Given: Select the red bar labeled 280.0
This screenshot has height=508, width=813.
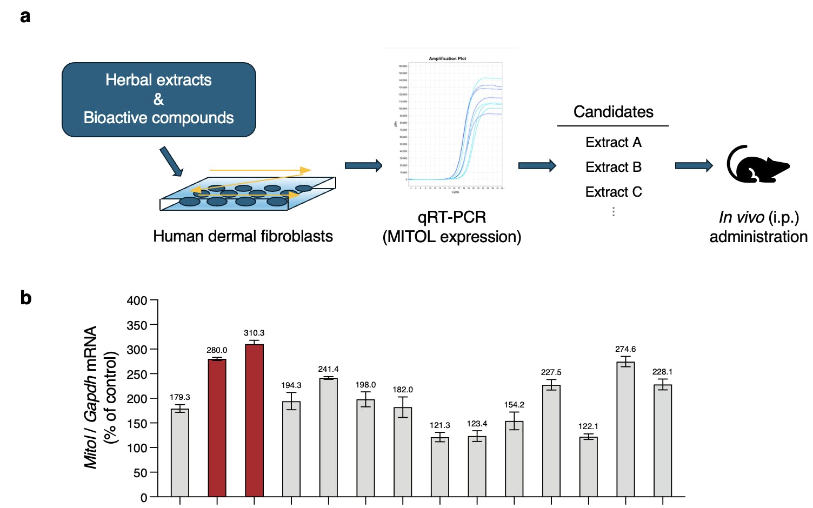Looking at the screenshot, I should pos(217,427).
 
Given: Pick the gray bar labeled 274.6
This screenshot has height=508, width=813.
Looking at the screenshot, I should pos(625,429).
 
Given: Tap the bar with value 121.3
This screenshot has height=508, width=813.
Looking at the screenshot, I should pos(440,467).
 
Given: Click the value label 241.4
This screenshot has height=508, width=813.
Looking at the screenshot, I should pos(328,369).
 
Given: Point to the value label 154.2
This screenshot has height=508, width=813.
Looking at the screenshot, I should pos(514,405).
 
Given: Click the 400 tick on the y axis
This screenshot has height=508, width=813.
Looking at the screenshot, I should pos(137,300).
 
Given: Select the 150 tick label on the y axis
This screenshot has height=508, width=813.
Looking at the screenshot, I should pos(137,424).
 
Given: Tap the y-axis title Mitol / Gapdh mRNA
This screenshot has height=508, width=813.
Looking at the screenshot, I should pos(91,397).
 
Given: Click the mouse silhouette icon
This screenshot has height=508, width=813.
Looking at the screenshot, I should pos(757,164).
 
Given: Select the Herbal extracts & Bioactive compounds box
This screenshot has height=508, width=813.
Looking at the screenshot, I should pos(158,99).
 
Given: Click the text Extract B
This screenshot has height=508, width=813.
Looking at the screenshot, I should pos(614,167).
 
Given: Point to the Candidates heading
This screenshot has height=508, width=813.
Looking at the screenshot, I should pos(613,112).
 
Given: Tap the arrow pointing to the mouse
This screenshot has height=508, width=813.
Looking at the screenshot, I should pos(694,165).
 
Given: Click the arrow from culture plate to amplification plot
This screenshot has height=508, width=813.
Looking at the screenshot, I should pos(363,165).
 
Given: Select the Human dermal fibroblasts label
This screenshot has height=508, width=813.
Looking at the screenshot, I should pos(243,236).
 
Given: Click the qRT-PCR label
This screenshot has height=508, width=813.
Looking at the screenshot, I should pos(452,217).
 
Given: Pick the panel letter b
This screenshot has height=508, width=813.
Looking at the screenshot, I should pos(25,298).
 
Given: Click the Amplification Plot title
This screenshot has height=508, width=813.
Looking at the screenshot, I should pos(447,58).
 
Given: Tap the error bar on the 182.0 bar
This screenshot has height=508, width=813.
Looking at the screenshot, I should pos(403,407).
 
